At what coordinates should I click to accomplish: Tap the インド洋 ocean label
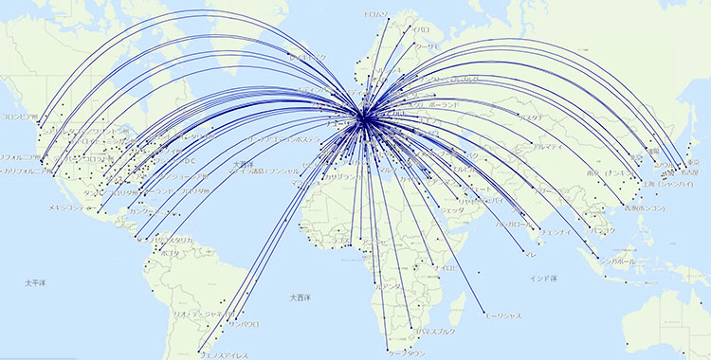(545, 278)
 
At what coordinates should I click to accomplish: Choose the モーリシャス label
(501, 315)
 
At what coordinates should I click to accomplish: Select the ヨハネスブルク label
(432, 331)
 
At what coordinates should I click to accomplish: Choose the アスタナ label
(530, 117)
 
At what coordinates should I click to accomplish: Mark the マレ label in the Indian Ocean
(530, 254)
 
